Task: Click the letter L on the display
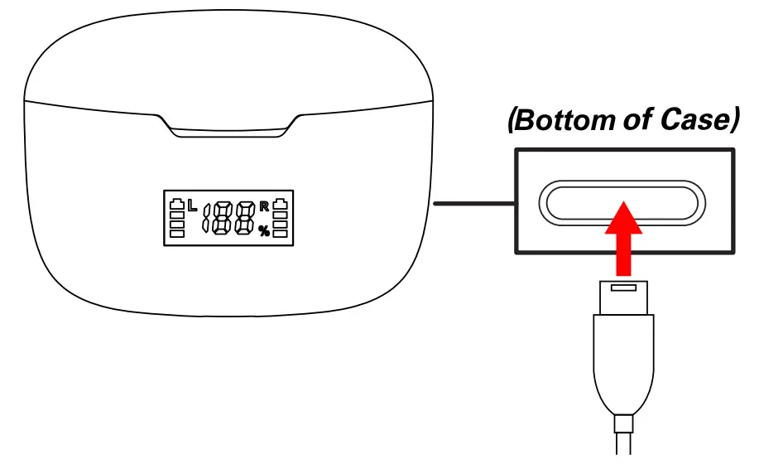tap(192, 205)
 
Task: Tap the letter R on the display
tap(264, 205)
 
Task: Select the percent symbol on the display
tap(263, 231)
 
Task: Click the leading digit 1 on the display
tap(206, 219)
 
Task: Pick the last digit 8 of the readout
tap(244, 219)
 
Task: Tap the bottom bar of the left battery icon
tap(176, 234)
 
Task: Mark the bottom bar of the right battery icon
tap(281, 234)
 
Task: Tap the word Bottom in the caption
tap(563, 121)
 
